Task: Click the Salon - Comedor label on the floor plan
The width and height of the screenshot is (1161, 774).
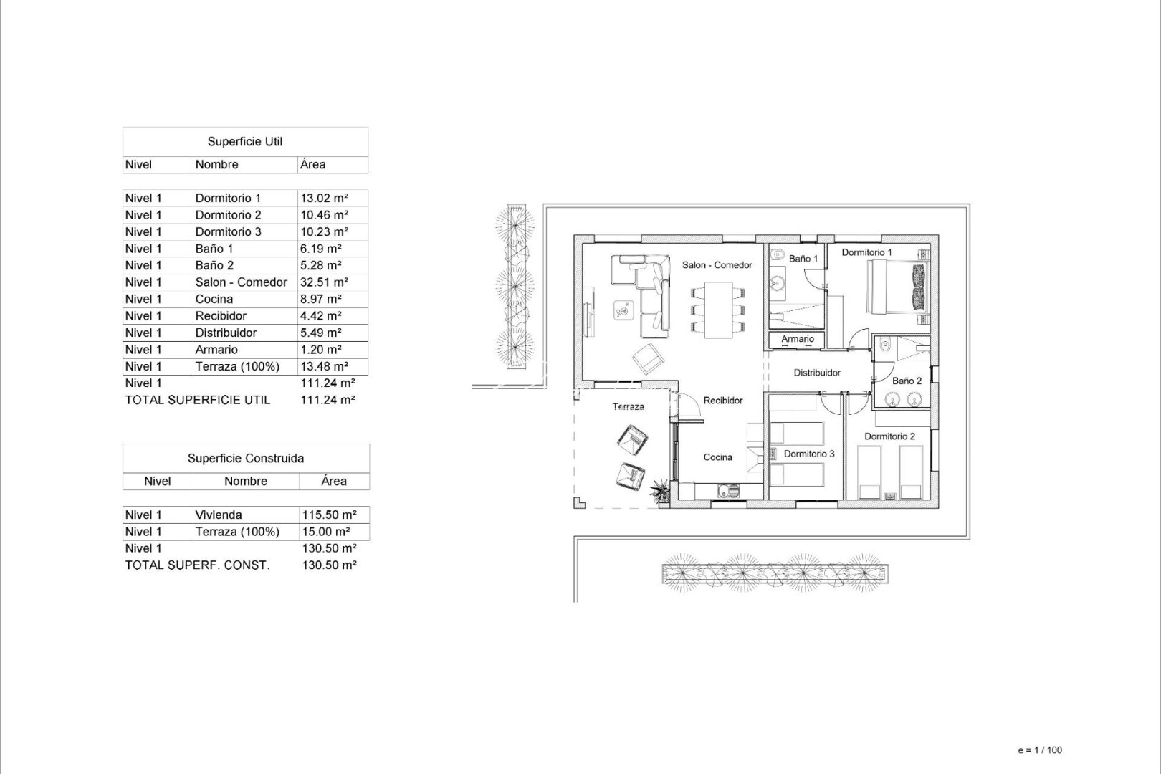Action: tap(717, 265)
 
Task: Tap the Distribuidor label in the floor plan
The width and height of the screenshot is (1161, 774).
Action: tap(817, 373)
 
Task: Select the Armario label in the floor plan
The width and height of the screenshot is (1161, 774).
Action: tap(798, 339)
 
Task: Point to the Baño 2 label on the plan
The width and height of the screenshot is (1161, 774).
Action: tap(907, 381)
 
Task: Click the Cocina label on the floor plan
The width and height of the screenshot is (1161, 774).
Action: tap(717, 457)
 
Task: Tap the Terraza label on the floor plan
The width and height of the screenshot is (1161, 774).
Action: tap(628, 406)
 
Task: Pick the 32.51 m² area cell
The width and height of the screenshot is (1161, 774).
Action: tap(325, 282)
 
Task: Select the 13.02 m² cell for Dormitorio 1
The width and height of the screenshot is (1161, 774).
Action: tap(325, 198)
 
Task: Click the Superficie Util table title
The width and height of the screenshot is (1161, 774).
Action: tap(245, 142)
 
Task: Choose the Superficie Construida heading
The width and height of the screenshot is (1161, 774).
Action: tap(246, 458)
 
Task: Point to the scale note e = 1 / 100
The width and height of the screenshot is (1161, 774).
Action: tap(1039, 750)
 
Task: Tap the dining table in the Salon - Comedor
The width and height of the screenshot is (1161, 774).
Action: tap(720, 310)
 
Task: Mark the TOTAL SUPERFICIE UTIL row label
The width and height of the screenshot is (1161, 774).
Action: tap(198, 400)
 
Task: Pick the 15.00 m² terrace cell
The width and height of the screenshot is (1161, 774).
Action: tap(326, 532)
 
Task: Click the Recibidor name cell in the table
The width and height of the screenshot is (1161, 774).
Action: tap(221, 316)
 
